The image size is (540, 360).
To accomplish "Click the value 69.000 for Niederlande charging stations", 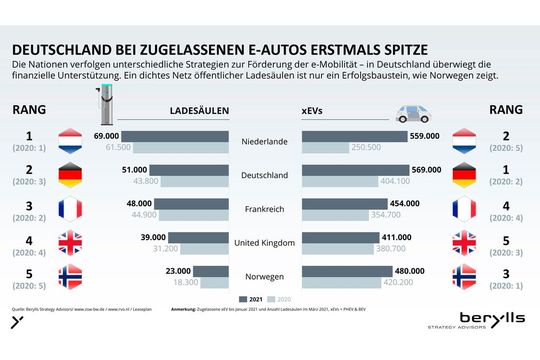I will pyautogui.click(x=107, y=134).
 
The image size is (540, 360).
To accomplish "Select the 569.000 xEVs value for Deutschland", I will pyautogui.click(x=428, y=169).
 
